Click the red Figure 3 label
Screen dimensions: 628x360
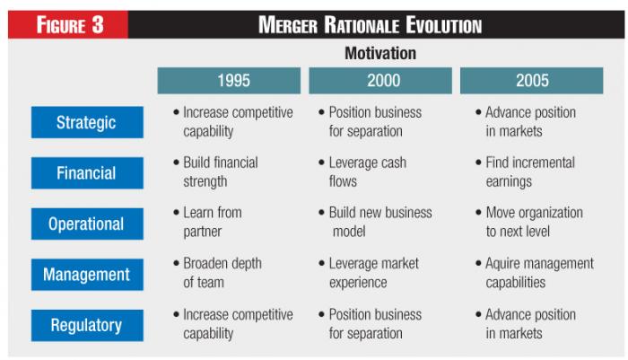(x=68, y=24)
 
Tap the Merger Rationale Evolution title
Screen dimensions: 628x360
(x=370, y=25)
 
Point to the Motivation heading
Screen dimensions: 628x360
(x=380, y=53)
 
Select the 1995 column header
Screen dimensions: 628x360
(x=229, y=81)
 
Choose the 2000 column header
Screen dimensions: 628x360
(x=380, y=81)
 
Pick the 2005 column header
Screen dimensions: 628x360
(x=531, y=81)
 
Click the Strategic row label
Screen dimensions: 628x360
(x=87, y=122)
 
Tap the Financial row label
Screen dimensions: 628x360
(x=87, y=172)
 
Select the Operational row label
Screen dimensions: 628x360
(x=87, y=224)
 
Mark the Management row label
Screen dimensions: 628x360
(x=87, y=275)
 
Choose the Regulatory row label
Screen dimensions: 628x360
(x=87, y=325)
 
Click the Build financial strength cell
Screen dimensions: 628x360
(x=216, y=172)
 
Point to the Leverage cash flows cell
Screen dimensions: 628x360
(x=362, y=172)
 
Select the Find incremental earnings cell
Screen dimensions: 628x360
(x=525, y=172)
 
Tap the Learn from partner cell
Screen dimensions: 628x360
(x=207, y=222)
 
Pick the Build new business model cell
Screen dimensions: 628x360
(x=375, y=222)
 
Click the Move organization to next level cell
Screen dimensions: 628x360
(x=529, y=222)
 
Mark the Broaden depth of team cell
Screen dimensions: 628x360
(x=217, y=273)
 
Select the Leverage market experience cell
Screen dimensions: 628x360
(x=369, y=273)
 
